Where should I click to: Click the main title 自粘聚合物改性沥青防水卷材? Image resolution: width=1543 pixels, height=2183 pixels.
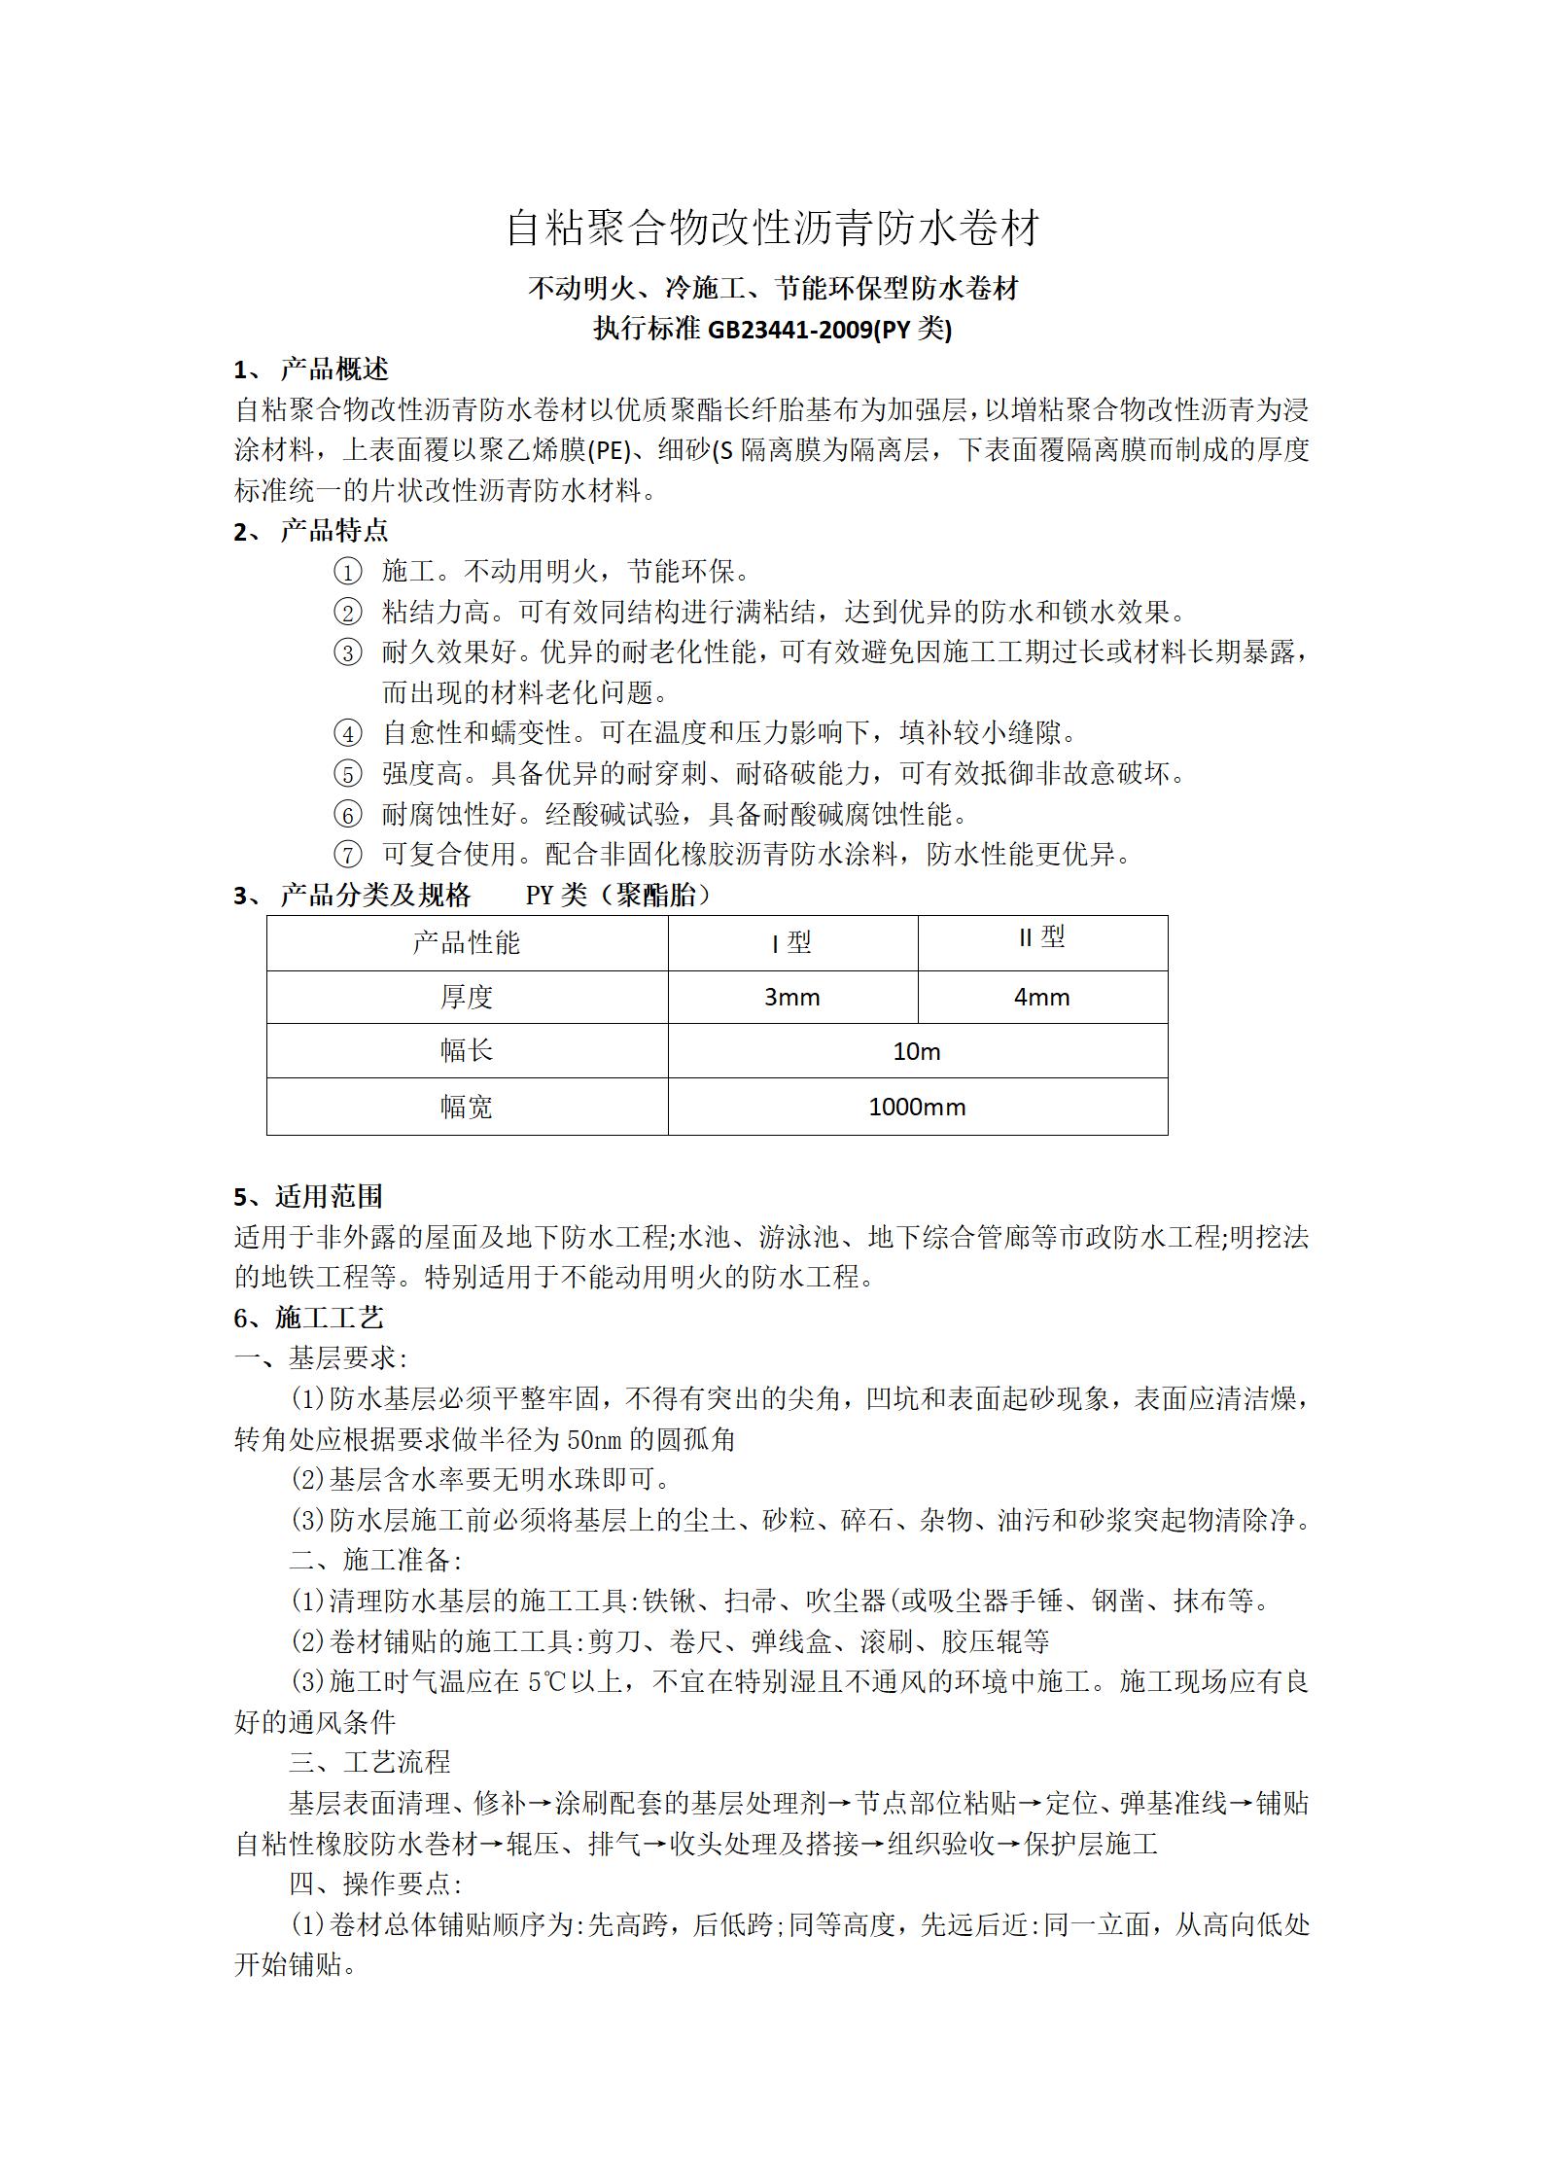[772, 229]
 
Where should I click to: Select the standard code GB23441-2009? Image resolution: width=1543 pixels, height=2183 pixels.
[789, 331]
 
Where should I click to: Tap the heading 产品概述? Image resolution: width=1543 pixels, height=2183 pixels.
[333, 370]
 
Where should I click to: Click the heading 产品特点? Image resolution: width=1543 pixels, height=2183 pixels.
[333, 531]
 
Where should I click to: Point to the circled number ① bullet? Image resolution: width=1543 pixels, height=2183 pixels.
[347, 572]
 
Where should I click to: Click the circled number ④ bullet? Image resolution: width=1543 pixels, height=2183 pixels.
[347, 733]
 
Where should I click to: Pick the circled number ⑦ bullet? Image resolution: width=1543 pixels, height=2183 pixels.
[347, 855]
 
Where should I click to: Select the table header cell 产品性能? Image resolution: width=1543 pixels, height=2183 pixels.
[467, 942]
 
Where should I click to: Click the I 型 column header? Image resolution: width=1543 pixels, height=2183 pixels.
[791, 943]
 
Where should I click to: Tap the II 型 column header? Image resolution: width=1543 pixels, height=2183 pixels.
[1041, 937]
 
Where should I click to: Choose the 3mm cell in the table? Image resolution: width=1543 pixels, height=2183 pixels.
[791, 998]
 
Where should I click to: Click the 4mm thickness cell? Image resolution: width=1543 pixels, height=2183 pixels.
[1041, 998]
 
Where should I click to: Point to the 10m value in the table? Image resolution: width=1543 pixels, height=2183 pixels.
[916, 1052]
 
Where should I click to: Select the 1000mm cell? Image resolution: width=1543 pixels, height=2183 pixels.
[916, 1108]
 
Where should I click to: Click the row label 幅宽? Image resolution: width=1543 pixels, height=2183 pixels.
[467, 1108]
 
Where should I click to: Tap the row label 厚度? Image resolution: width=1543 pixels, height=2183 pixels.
[467, 998]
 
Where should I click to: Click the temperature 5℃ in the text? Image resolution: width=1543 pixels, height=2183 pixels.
[548, 1682]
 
